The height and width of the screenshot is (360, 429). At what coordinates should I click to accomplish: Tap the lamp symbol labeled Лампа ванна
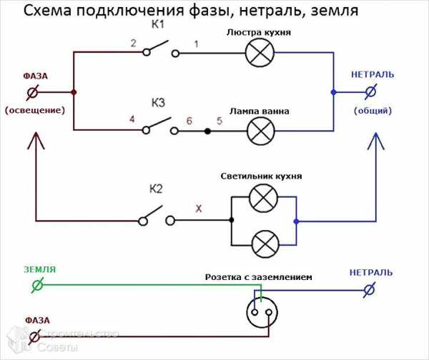click(258, 131)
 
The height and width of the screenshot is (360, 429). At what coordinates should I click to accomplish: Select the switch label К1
click(158, 26)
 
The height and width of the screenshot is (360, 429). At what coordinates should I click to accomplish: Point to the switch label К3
click(158, 104)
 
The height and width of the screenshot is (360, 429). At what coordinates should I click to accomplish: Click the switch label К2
click(157, 189)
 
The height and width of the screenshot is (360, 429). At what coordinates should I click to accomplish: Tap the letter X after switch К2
click(198, 210)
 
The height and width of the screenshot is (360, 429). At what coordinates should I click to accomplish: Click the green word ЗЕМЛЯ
click(39, 270)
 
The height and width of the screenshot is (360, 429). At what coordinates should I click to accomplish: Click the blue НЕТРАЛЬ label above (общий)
click(372, 74)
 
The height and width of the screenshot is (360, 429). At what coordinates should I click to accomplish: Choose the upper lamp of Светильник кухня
click(262, 198)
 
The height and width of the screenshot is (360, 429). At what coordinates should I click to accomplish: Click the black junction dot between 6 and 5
click(208, 131)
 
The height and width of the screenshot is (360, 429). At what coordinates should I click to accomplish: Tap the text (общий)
click(372, 111)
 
